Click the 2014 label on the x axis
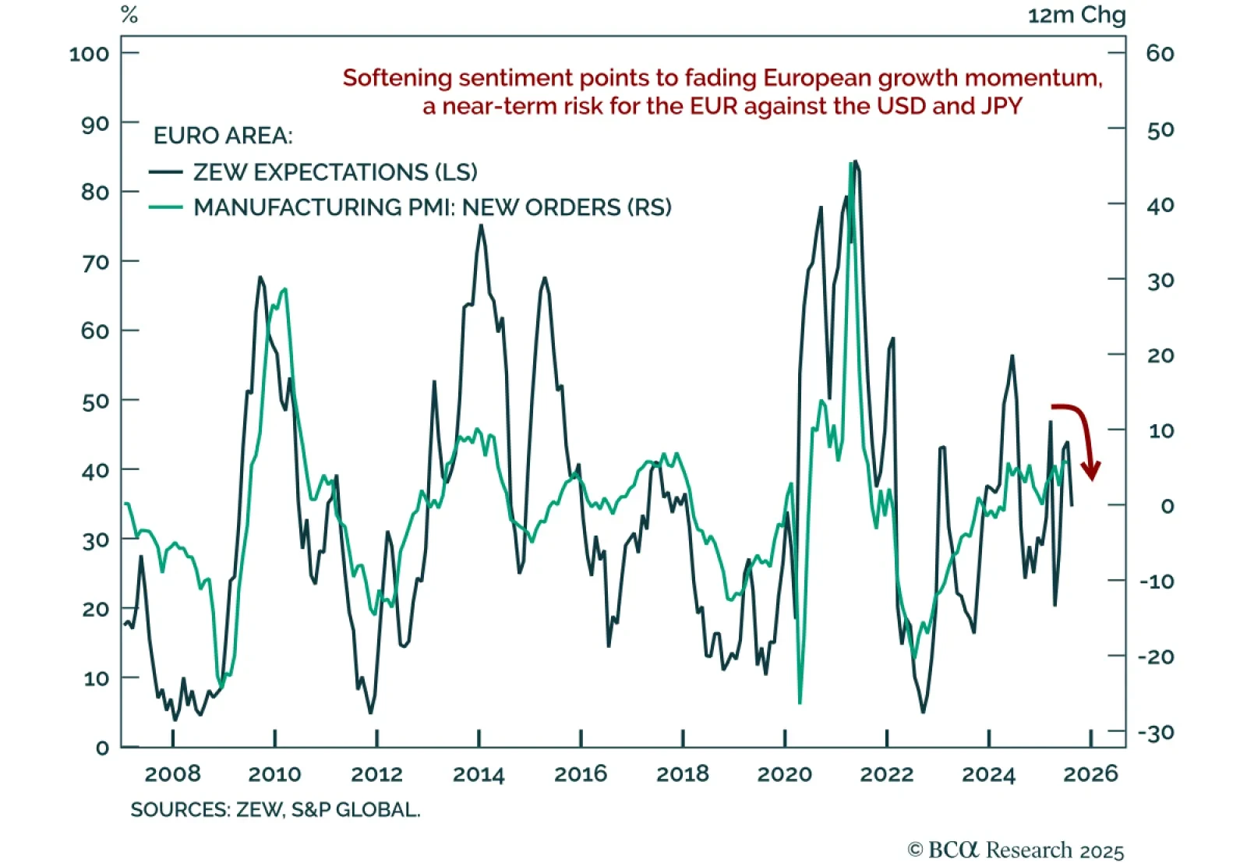pos(479,774)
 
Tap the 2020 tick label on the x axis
pos(784,774)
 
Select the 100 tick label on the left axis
pos(89,54)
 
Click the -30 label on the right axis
pos(1155,733)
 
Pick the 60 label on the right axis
pos(1160,54)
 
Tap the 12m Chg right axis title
pos(1076,15)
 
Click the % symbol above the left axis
pos(129,15)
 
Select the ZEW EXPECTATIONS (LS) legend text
pos(335,172)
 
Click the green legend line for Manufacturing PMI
pos(165,207)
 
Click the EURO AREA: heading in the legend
pos(223,136)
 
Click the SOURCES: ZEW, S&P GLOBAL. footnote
pos(275,810)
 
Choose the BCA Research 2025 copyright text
pos(1016,850)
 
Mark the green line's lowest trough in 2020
pos(800,702)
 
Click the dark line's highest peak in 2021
pos(856,161)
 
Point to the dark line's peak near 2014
pos(481,225)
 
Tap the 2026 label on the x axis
pos(1090,774)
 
